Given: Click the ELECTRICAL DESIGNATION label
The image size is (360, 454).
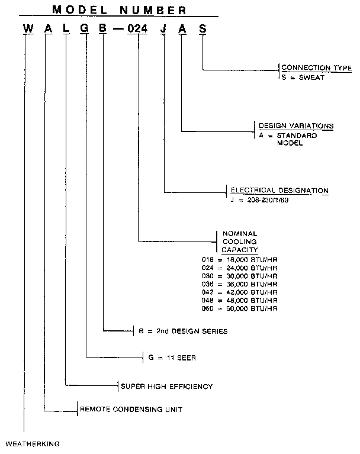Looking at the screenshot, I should (x=278, y=191).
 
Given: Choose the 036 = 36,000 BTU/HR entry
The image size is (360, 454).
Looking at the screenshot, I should (x=239, y=284).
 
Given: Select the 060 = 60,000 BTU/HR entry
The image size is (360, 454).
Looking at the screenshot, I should (x=239, y=309).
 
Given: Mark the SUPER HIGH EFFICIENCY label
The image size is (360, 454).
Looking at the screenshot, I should (x=166, y=387).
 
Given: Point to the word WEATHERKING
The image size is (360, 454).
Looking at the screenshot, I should (x=33, y=443).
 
